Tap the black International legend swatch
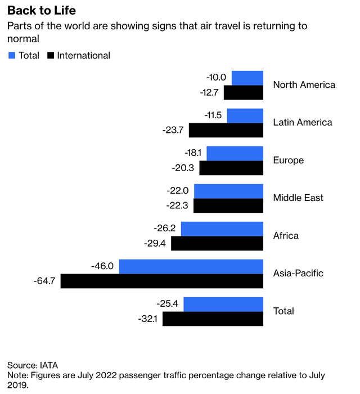tap(50, 55)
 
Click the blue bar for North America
tap(247, 78)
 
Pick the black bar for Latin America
tap(226, 130)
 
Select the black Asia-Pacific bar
tap(162, 281)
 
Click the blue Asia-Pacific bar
tap(191, 266)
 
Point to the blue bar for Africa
tap(222, 229)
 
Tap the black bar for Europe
tap(231, 168)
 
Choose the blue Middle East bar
tap(228, 191)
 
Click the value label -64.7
tap(44, 281)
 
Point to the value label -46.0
tap(102, 266)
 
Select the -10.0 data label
tap(216, 78)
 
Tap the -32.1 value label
tap(148, 319)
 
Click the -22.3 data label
tap(178, 205)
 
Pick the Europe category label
tap(288, 160)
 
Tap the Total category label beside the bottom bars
tap(283, 311)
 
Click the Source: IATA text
tap(33, 364)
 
